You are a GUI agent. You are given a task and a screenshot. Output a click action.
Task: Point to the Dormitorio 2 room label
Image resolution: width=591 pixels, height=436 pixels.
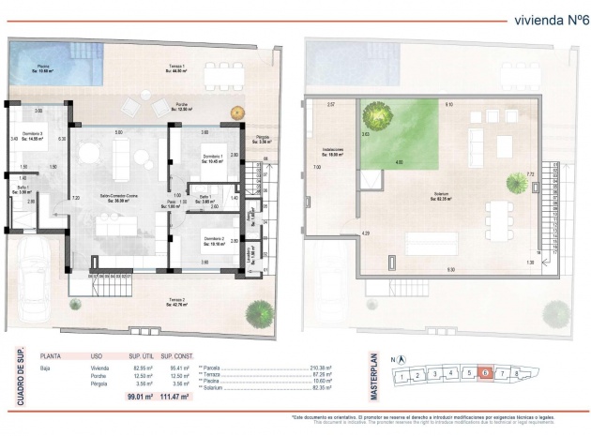click(212, 239)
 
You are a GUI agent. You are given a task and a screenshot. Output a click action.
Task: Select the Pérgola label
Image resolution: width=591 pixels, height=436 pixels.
click(263, 140)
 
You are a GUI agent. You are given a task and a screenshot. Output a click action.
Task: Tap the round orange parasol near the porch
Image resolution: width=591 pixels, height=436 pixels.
click(237, 111)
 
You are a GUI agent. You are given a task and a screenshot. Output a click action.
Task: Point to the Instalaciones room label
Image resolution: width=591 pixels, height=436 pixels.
click(331, 152)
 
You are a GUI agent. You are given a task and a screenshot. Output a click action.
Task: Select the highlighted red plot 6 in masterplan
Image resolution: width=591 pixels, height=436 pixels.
click(483, 373)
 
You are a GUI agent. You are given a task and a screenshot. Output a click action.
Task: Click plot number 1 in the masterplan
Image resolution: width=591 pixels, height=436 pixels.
click(401, 378)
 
